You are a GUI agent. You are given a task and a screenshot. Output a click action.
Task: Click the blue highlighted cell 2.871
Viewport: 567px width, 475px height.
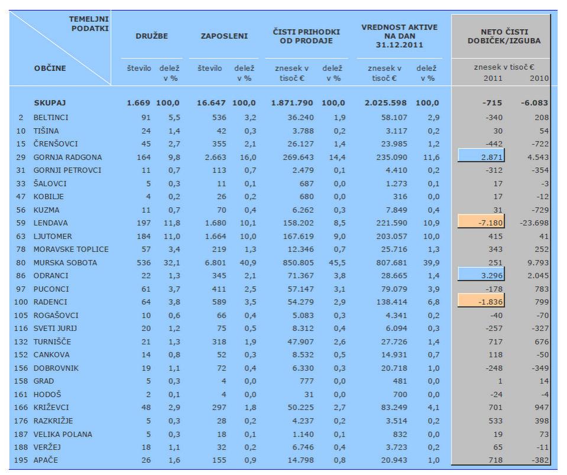tap(481, 157)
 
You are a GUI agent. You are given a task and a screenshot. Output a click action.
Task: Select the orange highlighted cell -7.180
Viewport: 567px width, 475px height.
tap(481, 223)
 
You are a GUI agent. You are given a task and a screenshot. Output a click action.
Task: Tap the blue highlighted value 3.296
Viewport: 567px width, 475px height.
tap(481, 276)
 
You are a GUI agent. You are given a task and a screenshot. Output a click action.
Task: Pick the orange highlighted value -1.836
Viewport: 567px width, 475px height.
tap(481, 302)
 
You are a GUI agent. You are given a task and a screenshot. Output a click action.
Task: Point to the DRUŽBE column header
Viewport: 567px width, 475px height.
tap(152, 36)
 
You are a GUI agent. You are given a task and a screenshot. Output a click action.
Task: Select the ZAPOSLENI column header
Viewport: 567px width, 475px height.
tap(225, 36)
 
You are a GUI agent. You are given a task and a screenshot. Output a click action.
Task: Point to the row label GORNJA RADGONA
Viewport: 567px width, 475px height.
tap(67, 157)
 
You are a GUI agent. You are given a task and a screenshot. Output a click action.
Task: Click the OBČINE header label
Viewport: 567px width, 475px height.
tap(50, 69)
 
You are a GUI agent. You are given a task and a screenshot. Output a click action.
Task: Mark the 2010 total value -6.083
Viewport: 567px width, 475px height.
tap(534, 103)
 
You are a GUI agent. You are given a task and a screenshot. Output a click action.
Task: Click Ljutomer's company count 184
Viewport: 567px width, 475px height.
tap(144, 236)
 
